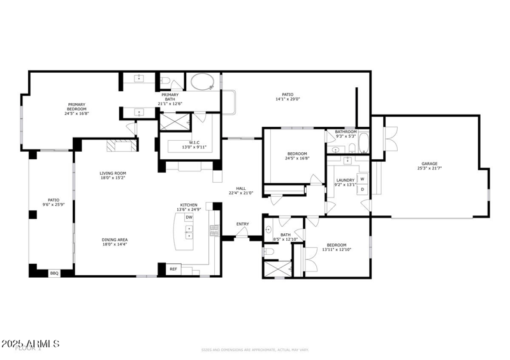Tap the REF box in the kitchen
pyautogui.click(x=173, y=270)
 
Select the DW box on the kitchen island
pyautogui.click(x=189, y=217)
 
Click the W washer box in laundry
pyautogui.click(x=362, y=179)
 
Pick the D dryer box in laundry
pyautogui.click(x=362, y=189)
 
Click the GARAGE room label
pyautogui.click(x=430, y=163)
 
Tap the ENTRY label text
pyautogui.click(x=243, y=224)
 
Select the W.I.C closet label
pyautogui.click(x=195, y=142)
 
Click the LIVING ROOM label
pyautogui.click(x=112, y=173)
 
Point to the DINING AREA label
pyautogui.click(x=115, y=240)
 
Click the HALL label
pyautogui.click(x=241, y=188)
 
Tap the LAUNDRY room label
pyautogui.click(x=345, y=180)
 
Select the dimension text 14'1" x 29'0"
pyautogui.click(x=288, y=99)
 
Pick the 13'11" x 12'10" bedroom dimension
pyautogui.click(x=336, y=250)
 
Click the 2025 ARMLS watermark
pyautogui.click(x=30, y=344)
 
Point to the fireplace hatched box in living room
pyautogui.click(x=121, y=146)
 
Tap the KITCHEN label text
pyautogui.click(x=189, y=205)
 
